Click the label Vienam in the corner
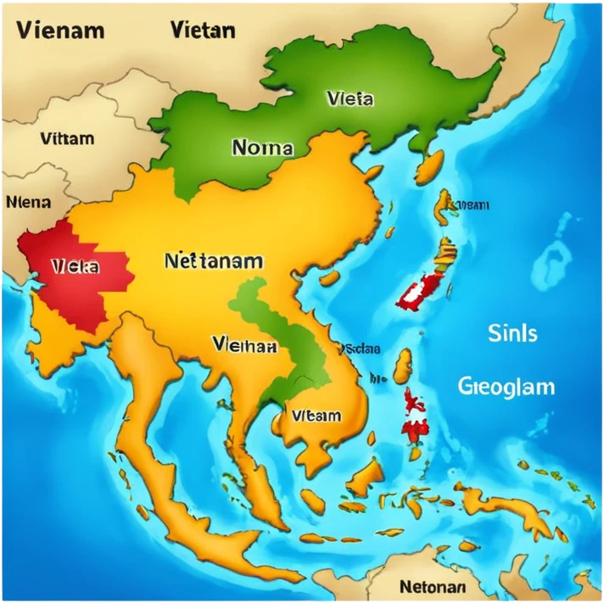tap(59, 31)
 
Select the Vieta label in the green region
tap(349, 99)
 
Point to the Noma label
tap(262, 148)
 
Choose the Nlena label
tap(28, 203)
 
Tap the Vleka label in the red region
tap(75, 266)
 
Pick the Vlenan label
tap(245, 345)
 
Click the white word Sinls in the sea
tap(512, 333)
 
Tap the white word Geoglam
tap(506, 387)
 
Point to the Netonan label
tap(432, 586)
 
